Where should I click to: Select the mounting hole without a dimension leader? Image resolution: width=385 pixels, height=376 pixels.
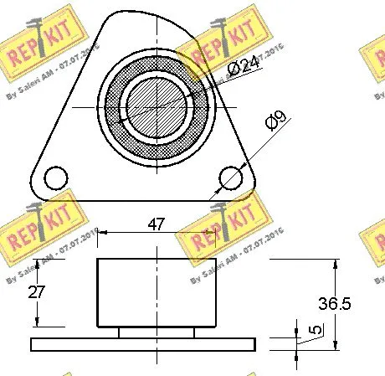(x=56, y=178)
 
